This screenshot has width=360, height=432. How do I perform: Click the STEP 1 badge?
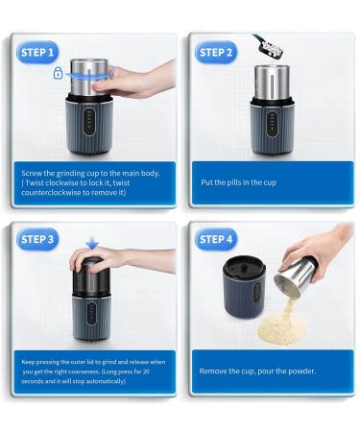[x=37, y=52]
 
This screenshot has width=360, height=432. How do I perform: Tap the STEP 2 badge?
[x=216, y=52]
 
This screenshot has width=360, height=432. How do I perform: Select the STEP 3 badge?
[x=37, y=239]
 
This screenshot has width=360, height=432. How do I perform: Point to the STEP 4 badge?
[x=216, y=239]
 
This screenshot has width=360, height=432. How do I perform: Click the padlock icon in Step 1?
[x=58, y=73]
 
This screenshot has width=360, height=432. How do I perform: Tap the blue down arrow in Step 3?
[x=92, y=243]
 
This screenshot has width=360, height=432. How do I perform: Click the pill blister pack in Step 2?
[x=268, y=47]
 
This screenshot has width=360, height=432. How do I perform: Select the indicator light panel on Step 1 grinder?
[x=89, y=122]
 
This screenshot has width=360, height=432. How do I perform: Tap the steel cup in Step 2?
[x=272, y=82]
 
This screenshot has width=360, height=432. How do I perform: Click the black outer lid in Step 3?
[x=91, y=276]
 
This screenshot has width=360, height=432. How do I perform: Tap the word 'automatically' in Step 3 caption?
[x=106, y=381]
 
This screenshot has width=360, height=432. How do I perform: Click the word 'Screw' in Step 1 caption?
[x=32, y=173]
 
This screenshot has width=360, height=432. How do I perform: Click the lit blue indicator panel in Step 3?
[x=91, y=312]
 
